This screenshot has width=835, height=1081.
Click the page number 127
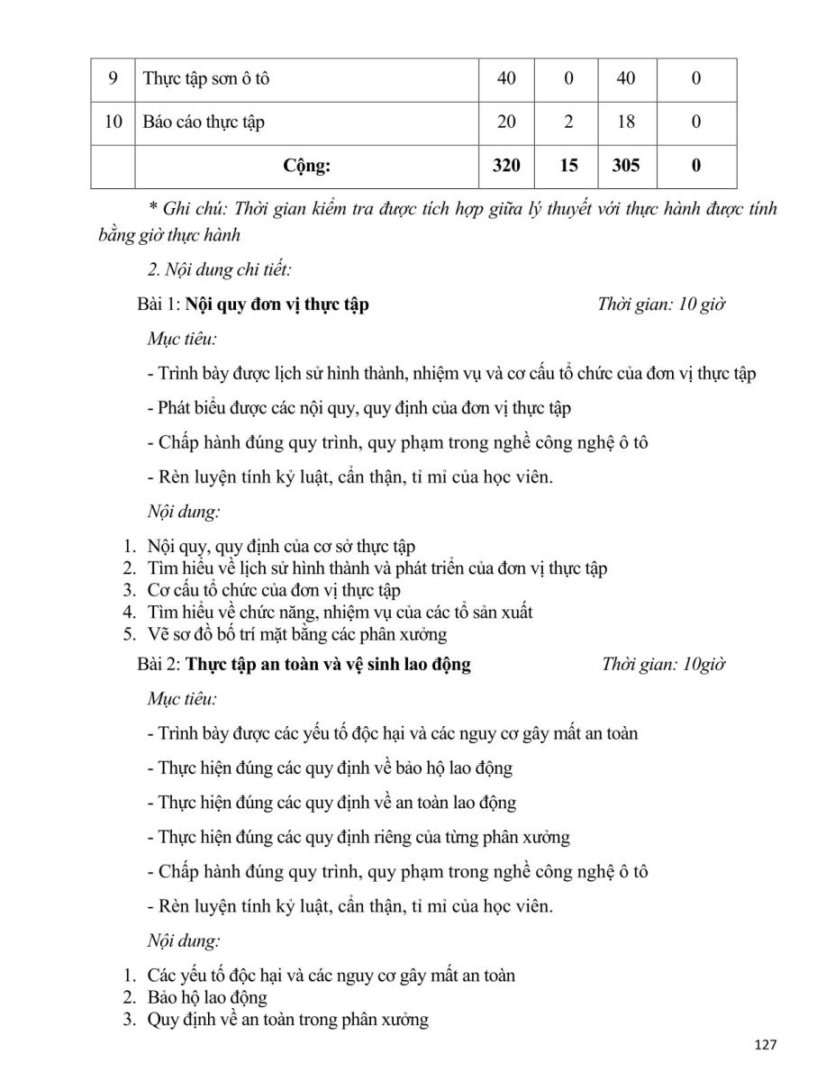click(x=765, y=1045)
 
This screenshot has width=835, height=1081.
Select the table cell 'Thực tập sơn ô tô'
click(x=206, y=78)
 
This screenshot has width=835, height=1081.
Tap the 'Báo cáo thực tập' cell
click(x=204, y=122)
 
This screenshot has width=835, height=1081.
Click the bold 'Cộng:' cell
click(x=306, y=166)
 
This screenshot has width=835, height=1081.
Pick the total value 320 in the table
click(x=506, y=166)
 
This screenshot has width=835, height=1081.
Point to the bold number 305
click(x=625, y=166)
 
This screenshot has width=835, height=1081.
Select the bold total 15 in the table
click(x=567, y=166)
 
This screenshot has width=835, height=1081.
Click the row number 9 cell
click(x=113, y=78)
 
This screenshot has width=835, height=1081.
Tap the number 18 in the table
click(x=625, y=122)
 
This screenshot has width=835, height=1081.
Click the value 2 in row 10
click(x=567, y=122)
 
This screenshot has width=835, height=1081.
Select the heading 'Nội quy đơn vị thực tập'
click(x=277, y=304)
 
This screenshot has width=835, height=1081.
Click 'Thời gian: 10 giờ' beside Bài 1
click(x=661, y=304)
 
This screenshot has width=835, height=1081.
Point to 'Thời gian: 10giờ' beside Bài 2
click(x=664, y=666)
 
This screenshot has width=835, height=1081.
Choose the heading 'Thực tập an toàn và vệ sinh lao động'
click(x=328, y=666)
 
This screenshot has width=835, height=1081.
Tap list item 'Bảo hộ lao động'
click(x=207, y=997)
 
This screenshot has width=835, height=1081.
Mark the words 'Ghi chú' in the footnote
click(x=191, y=209)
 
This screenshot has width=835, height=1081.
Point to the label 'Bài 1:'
click(x=159, y=304)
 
